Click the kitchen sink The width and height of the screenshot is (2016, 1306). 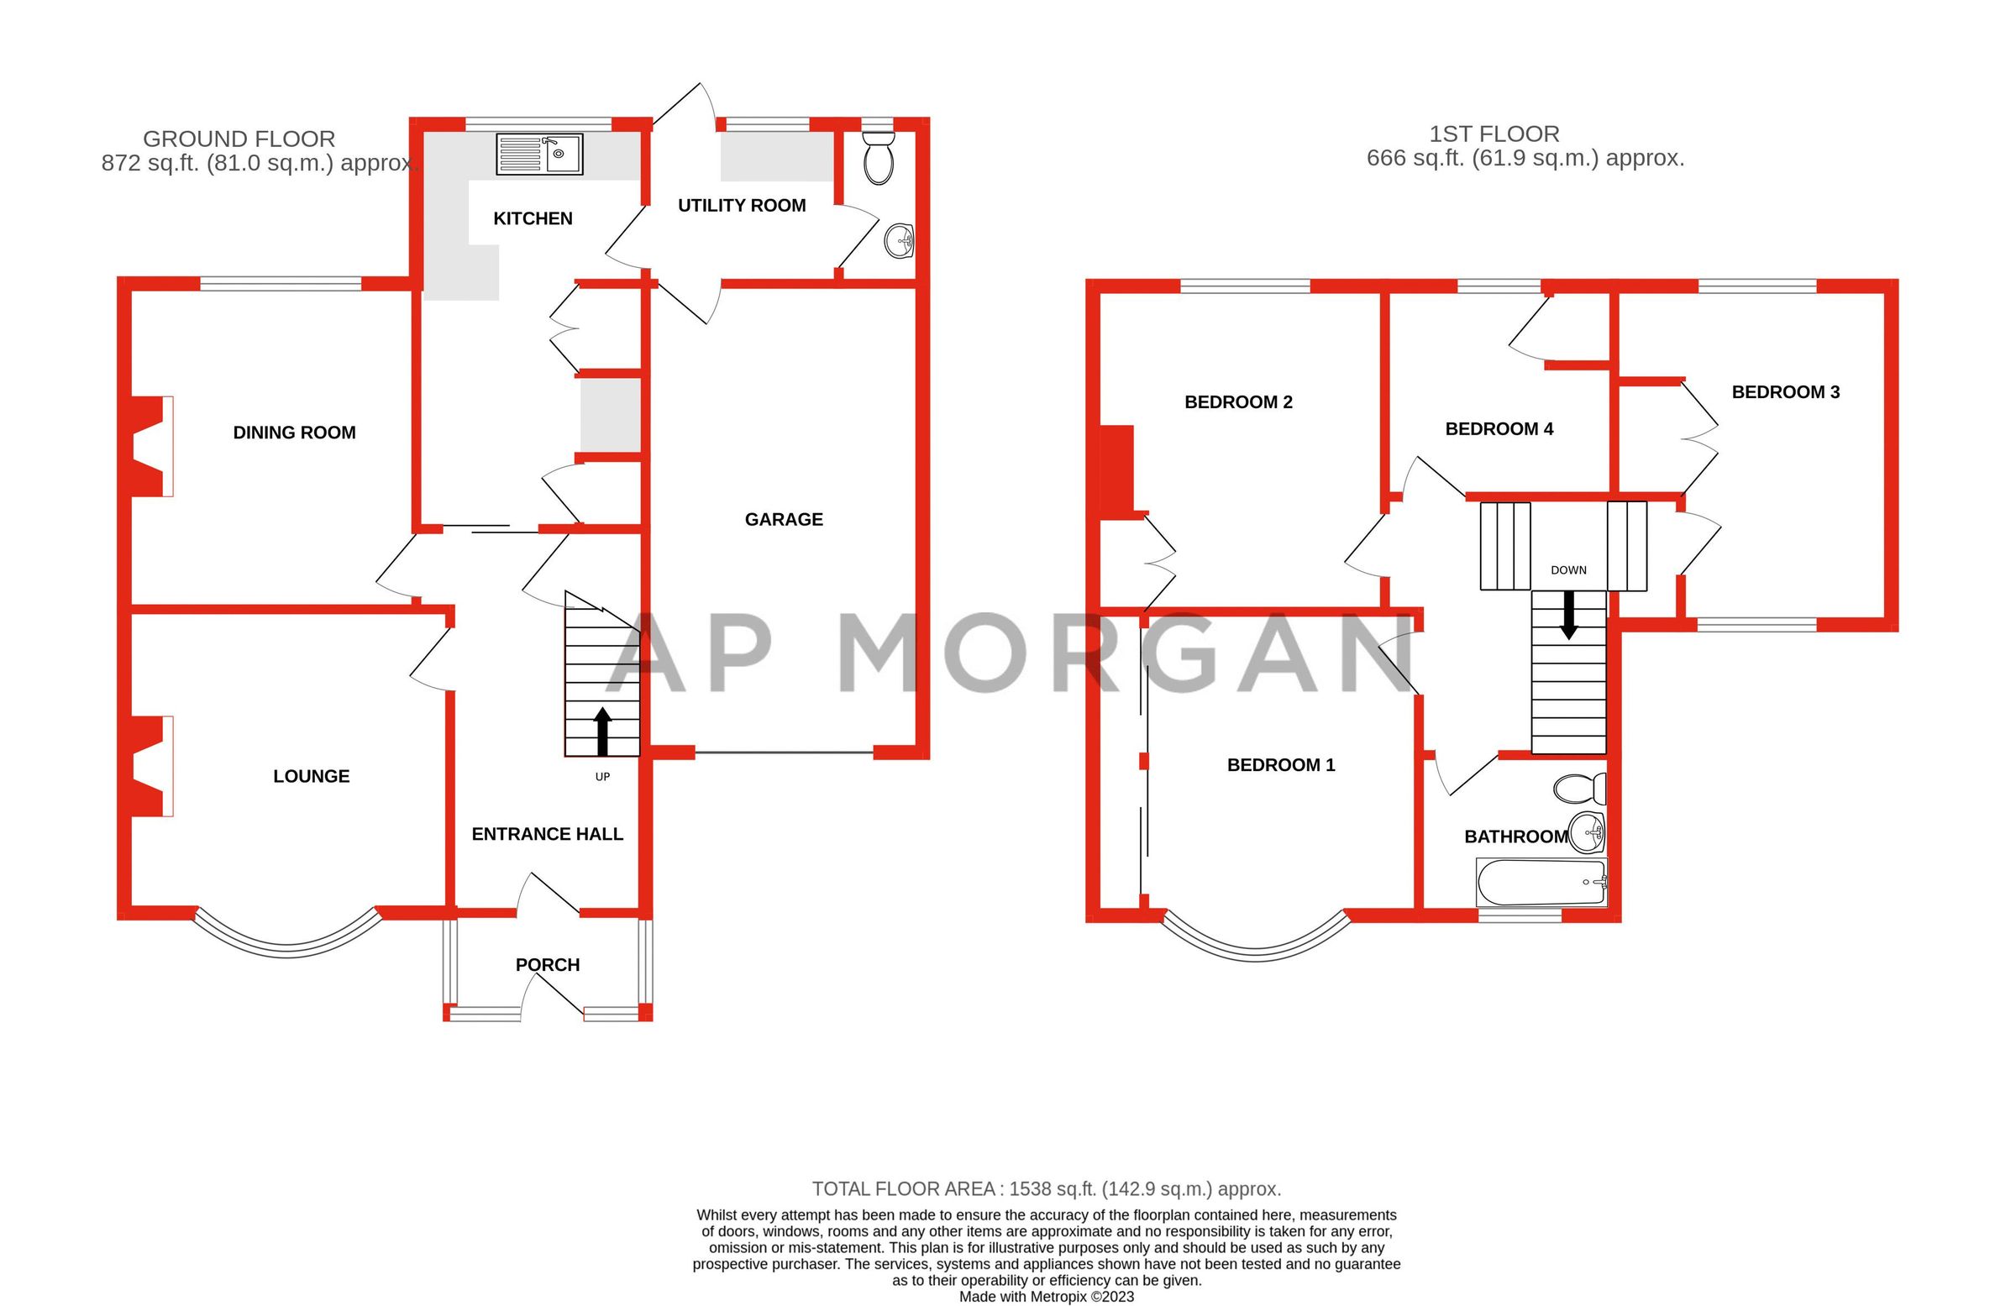click(539, 155)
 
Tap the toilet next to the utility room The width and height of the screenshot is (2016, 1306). click(879, 159)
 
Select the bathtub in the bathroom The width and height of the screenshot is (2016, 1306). click(1541, 883)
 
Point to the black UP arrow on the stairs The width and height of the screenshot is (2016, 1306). click(602, 732)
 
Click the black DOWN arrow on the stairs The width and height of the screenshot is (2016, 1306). click(1568, 614)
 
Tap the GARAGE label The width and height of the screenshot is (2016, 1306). click(784, 519)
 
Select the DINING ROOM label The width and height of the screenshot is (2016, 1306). click(294, 433)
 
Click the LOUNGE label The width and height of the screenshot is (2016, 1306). click(311, 776)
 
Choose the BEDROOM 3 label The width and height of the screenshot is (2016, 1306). click(1786, 392)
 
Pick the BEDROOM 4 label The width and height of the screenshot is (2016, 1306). click(1499, 428)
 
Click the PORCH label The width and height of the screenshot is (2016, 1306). click(547, 965)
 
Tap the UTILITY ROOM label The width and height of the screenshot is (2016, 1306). click(741, 205)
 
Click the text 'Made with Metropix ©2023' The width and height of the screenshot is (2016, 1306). click(1046, 1297)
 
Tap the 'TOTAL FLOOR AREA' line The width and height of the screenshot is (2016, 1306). click(1046, 1189)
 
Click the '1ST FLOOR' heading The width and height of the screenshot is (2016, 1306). click(1494, 134)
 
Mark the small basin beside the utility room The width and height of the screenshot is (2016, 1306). click(899, 241)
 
